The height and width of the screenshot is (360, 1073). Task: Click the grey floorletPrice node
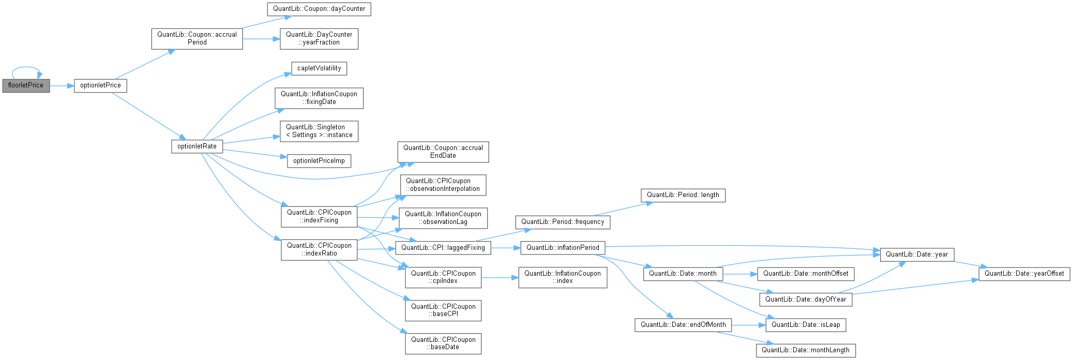tap(26, 85)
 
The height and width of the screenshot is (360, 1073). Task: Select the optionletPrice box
tap(100, 85)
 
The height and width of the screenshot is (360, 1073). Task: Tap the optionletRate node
tap(197, 146)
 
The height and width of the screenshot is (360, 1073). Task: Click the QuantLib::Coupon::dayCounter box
tap(319, 9)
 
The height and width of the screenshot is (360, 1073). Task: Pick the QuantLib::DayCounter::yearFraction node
tap(319, 38)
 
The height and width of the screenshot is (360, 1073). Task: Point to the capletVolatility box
tap(319, 68)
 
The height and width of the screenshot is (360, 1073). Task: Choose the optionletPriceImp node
tap(319, 161)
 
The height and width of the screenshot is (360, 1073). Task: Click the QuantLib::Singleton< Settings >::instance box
tap(319, 131)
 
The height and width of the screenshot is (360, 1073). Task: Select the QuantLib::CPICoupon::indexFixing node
tap(319, 216)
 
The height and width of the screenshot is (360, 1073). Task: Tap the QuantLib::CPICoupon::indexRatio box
tap(319, 249)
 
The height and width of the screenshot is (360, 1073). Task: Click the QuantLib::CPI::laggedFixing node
tap(443, 248)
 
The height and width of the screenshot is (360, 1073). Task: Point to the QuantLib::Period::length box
tap(683, 195)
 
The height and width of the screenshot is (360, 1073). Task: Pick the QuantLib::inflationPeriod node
tap(563, 248)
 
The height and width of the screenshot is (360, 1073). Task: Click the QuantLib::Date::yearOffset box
tap(1024, 274)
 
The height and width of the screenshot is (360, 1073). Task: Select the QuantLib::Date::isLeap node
tap(806, 325)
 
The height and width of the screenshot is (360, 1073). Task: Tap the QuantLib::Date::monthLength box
tap(806, 350)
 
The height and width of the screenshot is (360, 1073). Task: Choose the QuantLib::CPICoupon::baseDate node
tap(443, 343)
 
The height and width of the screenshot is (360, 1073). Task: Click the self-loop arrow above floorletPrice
tap(25, 67)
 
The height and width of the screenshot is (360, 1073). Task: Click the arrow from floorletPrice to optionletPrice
tap(62, 86)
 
